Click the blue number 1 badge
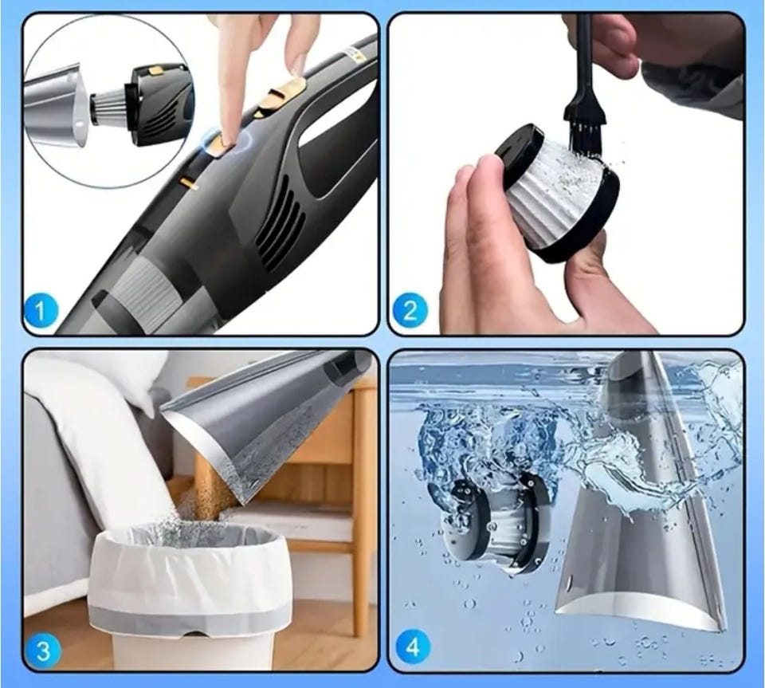[x=41, y=309]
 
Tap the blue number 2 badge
[x=410, y=309]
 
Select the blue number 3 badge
[x=42, y=651]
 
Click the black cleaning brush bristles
[x=583, y=123]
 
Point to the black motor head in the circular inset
[x=159, y=105]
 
